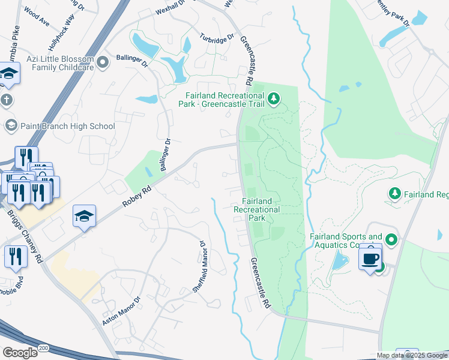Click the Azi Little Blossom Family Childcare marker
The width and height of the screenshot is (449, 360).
click(103, 61)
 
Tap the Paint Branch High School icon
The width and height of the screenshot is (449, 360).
click(10, 125)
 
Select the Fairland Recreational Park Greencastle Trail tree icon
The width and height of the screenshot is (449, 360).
click(274, 98)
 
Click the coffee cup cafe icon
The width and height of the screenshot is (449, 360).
click(370, 258)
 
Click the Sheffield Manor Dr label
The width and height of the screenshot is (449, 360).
click(199, 267)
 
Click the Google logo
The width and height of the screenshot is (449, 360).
click(19, 353)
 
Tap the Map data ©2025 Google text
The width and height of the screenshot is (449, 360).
click(411, 355)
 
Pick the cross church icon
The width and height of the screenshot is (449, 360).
click(6, 100)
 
